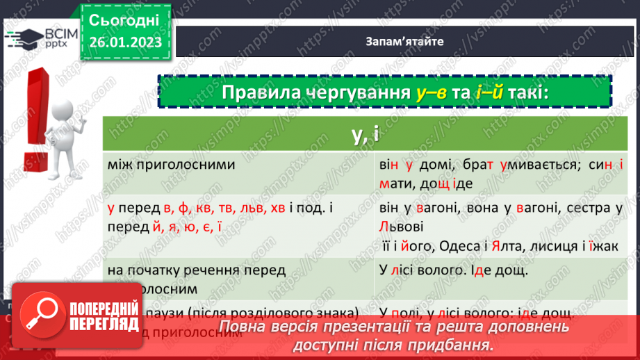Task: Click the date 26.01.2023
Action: click(x=125, y=42)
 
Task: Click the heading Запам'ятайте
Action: click(x=404, y=41)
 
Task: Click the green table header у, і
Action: click(x=364, y=134)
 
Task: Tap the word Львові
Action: click(x=401, y=227)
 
